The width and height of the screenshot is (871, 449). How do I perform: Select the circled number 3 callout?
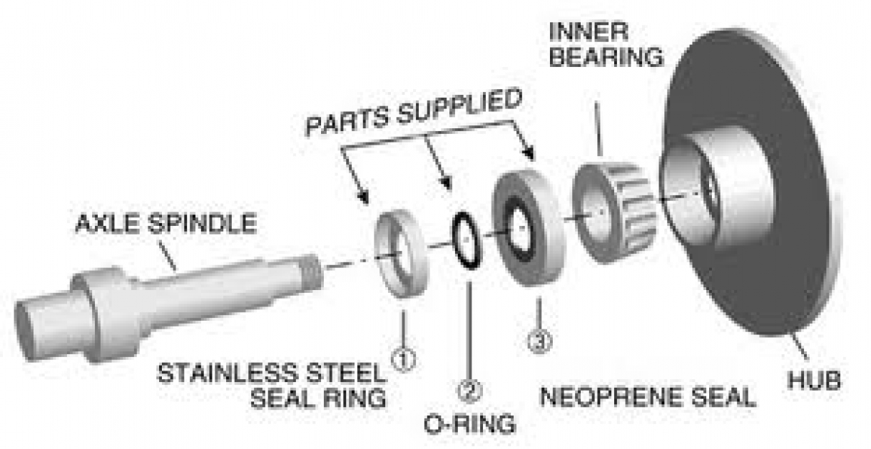[x=539, y=342]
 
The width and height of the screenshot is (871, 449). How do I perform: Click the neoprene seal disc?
[x=528, y=227]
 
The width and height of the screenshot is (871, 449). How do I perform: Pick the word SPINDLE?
[x=206, y=224]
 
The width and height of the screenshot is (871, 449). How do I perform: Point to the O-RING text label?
[x=469, y=424]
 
